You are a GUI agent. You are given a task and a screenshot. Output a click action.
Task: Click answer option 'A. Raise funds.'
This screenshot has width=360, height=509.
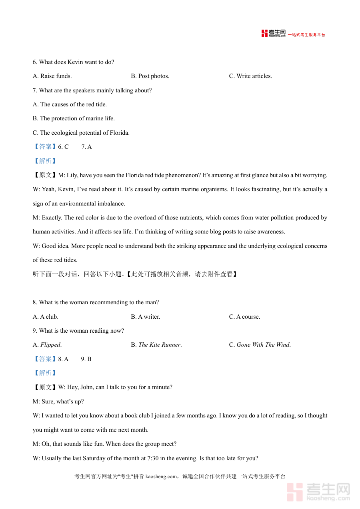click(52, 76)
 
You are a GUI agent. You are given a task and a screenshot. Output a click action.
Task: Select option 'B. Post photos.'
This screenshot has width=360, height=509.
click(150, 76)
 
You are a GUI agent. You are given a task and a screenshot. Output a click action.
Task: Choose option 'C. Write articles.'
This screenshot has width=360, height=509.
click(250, 76)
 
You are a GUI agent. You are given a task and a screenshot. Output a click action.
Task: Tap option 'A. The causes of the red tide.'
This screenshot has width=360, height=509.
click(70, 104)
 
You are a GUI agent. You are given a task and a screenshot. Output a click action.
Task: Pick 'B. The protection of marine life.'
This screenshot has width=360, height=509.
click(74, 118)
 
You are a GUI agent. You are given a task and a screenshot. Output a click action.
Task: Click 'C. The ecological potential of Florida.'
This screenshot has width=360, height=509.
click(81, 133)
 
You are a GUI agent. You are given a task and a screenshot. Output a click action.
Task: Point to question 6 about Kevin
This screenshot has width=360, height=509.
click(73, 62)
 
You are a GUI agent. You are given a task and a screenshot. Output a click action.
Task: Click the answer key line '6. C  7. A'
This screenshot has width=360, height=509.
click(75, 147)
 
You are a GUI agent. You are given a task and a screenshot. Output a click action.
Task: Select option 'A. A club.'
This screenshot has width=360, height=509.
click(45, 317)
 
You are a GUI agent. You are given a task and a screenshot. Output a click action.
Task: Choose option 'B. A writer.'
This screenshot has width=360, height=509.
click(145, 317)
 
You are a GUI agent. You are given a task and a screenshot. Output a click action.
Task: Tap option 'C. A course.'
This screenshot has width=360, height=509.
click(244, 317)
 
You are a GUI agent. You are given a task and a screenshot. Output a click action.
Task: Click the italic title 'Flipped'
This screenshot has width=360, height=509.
click(50, 345)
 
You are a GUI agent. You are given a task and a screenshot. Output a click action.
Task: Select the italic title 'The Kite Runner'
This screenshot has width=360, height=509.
click(160, 345)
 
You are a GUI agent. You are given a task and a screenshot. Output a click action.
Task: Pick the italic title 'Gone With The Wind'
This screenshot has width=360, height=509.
click(263, 345)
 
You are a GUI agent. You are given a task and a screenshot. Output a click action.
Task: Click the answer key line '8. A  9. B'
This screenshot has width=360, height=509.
click(75, 359)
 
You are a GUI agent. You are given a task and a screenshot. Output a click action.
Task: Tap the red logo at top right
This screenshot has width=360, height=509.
click(274, 34)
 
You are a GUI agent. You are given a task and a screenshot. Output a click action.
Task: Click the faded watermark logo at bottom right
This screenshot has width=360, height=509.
click(319, 491)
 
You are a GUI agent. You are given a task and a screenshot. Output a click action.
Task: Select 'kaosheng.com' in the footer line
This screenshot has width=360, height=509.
click(161, 476)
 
